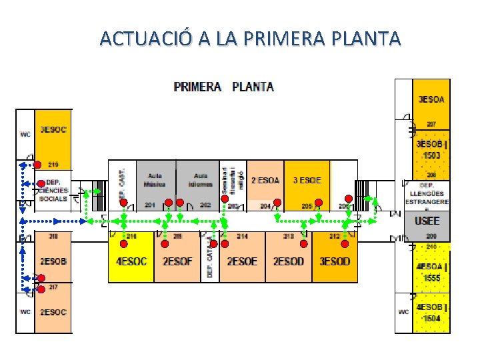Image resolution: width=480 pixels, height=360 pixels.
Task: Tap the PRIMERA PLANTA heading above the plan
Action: point(223,87)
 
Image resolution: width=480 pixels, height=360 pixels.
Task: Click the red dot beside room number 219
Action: point(38,165)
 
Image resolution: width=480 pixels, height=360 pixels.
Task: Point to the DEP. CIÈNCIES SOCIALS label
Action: point(53,190)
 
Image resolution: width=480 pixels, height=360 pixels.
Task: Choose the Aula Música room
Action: point(155,180)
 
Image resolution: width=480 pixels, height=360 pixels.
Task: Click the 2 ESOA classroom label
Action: point(265,180)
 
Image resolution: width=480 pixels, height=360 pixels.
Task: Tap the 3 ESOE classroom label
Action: point(307,180)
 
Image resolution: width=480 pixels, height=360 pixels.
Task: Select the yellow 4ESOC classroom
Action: point(131,261)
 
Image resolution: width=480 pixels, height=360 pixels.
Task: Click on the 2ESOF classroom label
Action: point(177,261)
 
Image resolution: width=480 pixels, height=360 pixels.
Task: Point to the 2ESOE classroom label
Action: point(242,261)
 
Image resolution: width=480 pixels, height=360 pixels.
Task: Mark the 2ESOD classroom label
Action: point(288,261)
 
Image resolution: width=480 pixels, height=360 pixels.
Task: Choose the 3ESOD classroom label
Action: point(334,261)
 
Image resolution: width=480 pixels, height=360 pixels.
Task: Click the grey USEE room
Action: point(427,221)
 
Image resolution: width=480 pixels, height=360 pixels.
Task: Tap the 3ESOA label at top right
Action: point(431,99)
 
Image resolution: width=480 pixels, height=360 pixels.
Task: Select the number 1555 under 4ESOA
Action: point(432,277)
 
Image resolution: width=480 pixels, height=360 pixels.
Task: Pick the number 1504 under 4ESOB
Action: point(432,317)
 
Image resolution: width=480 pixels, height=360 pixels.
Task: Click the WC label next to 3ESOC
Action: point(25,134)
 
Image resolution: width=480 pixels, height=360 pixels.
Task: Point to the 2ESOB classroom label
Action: point(53,261)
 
